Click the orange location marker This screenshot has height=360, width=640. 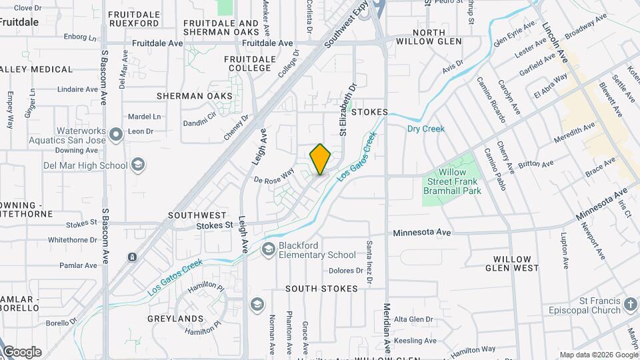320,159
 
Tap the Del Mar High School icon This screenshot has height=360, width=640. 138,165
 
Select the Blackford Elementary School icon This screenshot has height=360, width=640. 268,250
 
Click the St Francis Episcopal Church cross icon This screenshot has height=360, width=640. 631,305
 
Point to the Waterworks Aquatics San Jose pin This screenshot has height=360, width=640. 117,135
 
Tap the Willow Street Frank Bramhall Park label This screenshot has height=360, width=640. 452,181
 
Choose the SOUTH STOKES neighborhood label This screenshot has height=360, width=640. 321,289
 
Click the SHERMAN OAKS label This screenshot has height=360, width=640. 195,96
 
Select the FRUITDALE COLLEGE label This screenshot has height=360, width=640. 250,63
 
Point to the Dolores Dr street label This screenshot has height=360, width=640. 345,271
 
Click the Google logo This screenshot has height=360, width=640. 22,352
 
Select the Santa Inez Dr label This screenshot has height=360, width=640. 369,258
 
